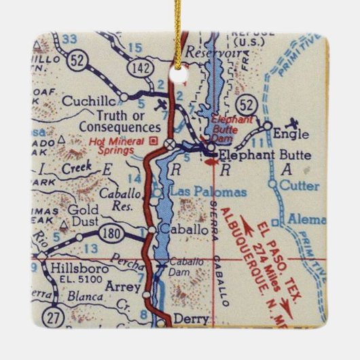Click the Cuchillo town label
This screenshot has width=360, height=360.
[x=86, y=102]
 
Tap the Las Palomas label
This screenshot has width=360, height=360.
[x=198, y=192]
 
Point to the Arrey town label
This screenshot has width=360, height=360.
[x=122, y=287]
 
